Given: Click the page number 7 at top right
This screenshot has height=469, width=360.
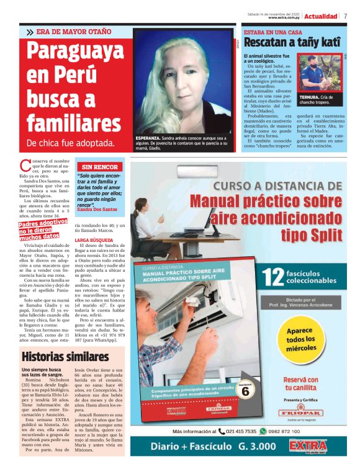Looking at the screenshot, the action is pos(345,16).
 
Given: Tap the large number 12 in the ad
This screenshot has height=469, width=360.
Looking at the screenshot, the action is pos(274,279).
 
